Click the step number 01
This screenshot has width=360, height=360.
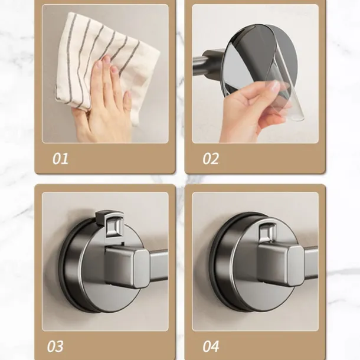coord(60,159)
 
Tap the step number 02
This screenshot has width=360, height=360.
coord(211,159)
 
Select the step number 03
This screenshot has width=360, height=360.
coord(55,346)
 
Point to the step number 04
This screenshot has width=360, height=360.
coord(211,346)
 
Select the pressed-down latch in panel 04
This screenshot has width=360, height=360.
coord(267,232)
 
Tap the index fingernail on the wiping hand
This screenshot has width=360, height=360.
coord(106,60)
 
